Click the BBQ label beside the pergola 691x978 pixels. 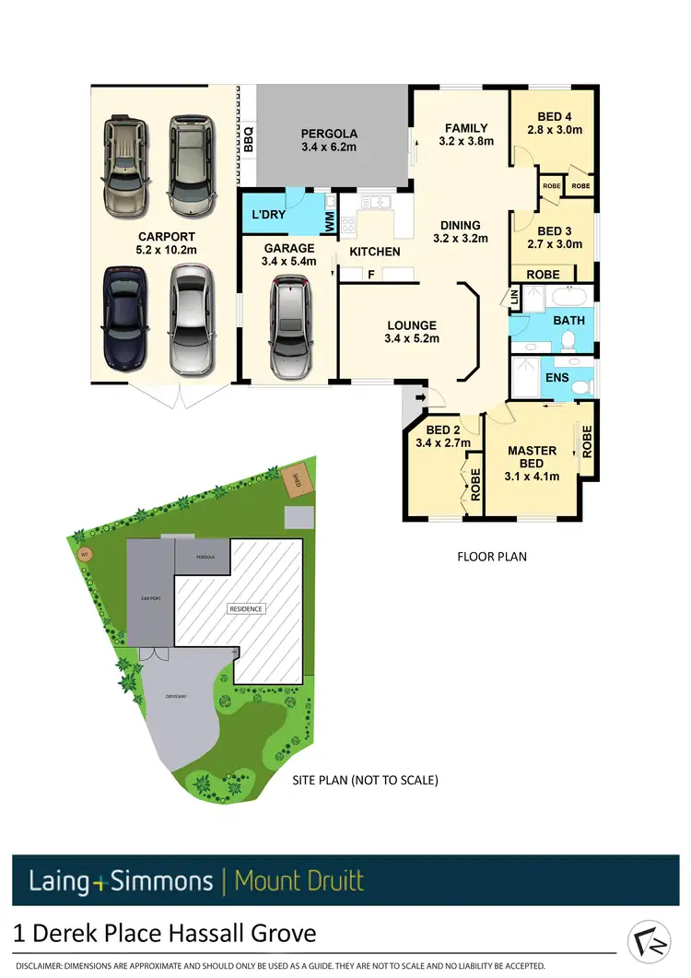(x=248, y=139)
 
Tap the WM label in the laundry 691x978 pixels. (x=329, y=220)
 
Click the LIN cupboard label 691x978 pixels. (x=514, y=297)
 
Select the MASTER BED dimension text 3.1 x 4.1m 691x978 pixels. (x=533, y=477)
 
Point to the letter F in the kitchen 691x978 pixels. (x=370, y=274)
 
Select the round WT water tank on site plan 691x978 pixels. (x=84, y=555)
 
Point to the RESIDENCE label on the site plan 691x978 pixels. (x=246, y=608)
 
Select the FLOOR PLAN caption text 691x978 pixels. (x=492, y=557)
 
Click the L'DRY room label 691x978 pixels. (x=267, y=215)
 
